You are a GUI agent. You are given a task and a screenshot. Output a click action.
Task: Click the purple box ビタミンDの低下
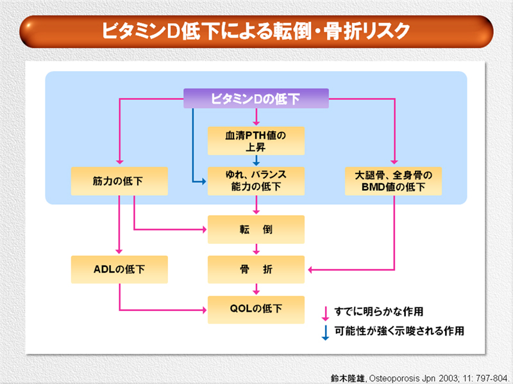(x=256, y=99)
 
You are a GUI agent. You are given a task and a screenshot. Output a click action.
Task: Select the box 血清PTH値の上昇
(x=256, y=141)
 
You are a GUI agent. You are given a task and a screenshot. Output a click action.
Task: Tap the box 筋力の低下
(x=119, y=181)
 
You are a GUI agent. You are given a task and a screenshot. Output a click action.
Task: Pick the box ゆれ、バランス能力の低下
(x=256, y=181)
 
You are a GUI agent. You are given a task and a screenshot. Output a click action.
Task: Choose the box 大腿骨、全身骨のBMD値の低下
(x=393, y=181)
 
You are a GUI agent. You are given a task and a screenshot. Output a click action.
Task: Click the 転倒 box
(x=256, y=230)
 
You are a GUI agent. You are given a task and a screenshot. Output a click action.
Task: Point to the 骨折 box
(x=256, y=269)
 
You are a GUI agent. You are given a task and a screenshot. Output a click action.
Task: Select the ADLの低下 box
(x=119, y=269)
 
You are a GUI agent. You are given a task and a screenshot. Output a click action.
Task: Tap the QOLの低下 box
(x=256, y=310)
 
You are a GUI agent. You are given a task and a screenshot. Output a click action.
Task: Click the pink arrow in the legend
(x=325, y=314)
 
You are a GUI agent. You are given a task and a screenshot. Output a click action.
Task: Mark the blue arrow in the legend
(x=325, y=333)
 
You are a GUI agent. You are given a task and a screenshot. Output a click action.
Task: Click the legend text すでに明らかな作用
(x=379, y=312)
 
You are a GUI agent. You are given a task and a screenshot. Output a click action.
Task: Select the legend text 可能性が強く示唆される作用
(x=399, y=331)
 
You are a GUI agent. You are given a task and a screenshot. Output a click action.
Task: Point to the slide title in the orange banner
(x=256, y=31)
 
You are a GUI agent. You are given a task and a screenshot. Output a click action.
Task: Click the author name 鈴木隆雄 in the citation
(x=348, y=378)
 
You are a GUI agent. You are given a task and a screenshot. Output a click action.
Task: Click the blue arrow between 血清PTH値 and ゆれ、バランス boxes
(x=256, y=161)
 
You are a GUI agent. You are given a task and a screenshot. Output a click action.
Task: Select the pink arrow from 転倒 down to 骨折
(x=256, y=249)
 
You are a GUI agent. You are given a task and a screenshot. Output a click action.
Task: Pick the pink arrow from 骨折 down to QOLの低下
(x=256, y=289)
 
